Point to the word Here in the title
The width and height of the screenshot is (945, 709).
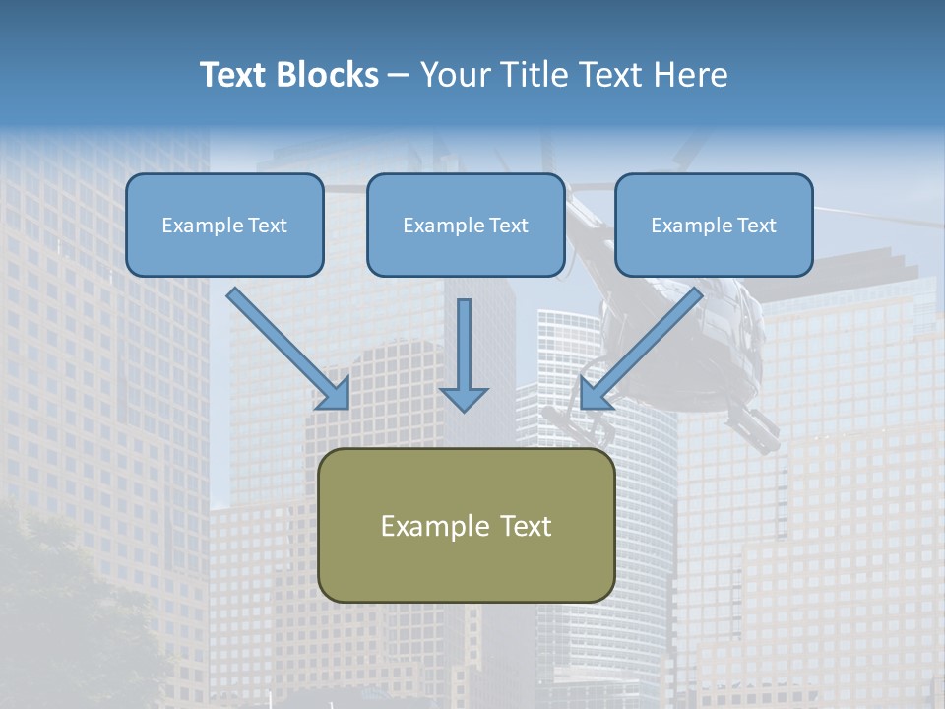pos(694,75)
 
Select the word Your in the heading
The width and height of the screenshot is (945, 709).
pos(454,75)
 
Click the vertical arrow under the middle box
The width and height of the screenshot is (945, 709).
pos(464,354)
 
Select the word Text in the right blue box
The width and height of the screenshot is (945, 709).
pos(757,226)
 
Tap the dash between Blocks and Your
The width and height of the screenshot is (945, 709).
pos(399,75)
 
